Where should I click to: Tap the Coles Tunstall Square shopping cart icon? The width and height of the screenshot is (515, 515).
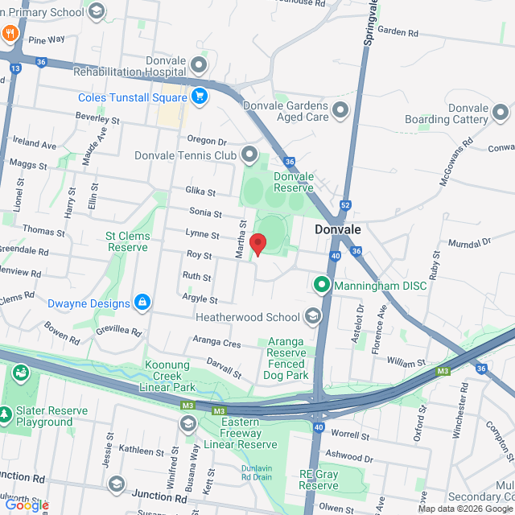tap(200, 97)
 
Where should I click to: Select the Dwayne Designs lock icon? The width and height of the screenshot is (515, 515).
tap(142, 303)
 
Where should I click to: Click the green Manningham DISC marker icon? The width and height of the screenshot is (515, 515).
tap(322, 284)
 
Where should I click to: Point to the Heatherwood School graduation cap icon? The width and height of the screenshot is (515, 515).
tap(312, 316)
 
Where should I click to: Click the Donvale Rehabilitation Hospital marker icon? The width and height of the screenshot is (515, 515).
tap(200, 64)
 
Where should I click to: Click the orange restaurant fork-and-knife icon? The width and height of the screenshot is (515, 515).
tap(10, 34)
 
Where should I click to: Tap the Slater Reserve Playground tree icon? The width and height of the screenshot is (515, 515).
tap(6, 414)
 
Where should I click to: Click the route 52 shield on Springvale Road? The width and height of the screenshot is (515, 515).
tap(344, 206)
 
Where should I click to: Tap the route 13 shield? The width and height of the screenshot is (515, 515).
tap(15, 68)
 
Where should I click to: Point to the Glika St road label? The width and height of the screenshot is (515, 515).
tap(201, 192)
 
